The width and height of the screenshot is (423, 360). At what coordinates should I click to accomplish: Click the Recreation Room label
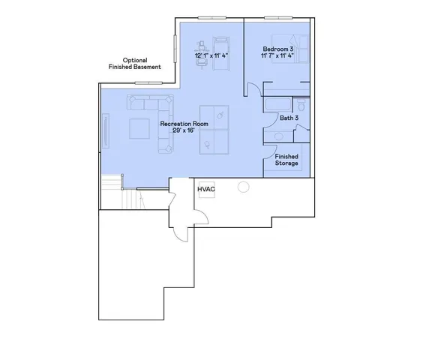184,123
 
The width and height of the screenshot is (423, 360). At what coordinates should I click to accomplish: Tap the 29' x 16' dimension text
184,130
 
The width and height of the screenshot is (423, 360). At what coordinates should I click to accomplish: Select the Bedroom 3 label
277,48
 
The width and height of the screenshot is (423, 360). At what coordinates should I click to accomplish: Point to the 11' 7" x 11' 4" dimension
277,55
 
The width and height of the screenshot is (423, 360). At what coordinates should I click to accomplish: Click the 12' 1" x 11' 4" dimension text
211,55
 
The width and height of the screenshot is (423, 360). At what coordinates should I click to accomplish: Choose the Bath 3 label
290,118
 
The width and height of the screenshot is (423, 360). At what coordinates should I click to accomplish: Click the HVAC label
206,190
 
